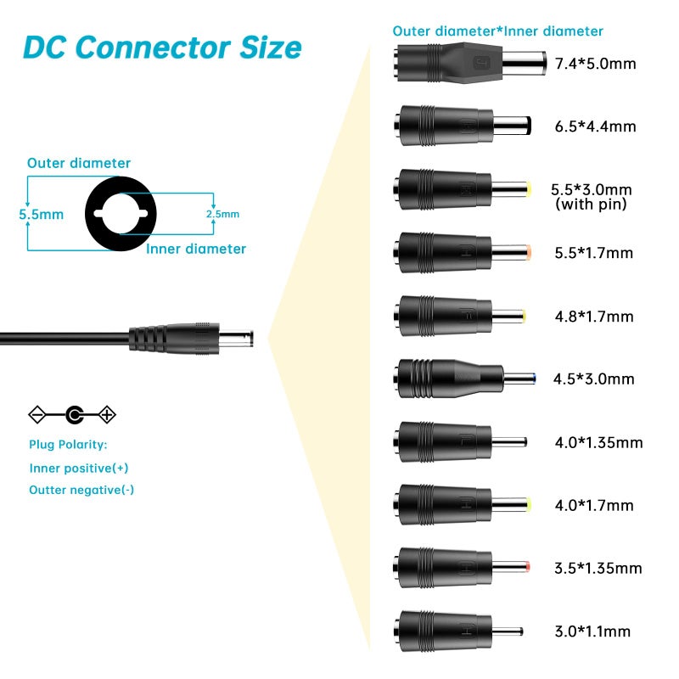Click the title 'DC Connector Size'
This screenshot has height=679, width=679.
pyautogui.click(x=162, y=48)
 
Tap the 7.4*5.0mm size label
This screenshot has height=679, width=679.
pyautogui.click(x=596, y=64)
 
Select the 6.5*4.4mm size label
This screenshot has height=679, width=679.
pyautogui.click(x=596, y=126)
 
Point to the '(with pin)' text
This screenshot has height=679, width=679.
pyautogui.click(x=591, y=205)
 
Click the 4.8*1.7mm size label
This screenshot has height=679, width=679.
pyautogui.click(x=594, y=317)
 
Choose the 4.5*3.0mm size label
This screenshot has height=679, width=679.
pyautogui.click(x=593, y=379)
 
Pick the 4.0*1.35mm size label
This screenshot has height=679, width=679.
pyautogui.click(x=599, y=442)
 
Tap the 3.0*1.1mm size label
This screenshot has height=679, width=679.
pyautogui.click(x=592, y=631)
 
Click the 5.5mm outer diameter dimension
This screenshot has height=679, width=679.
pyautogui.click(x=41, y=215)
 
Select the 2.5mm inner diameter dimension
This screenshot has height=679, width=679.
pyautogui.click(x=222, y=214)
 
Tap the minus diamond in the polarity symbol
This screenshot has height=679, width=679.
pyautogui.click(x=37, y=415)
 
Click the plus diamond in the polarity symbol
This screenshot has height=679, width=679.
pyautogui.click(x=107, y=415)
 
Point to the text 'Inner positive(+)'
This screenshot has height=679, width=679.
pyautogui.click(x=79, y=469)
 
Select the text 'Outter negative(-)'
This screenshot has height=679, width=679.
pyautogui.click(x=81, y=490)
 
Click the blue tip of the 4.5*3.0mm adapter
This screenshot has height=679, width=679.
pyautogui.click(x=535, y=379)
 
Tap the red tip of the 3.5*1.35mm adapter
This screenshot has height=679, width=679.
pyautogui.click(x=527, y=567)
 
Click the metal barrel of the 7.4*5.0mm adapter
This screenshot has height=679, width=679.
pyautogui.click(x=524, y=63)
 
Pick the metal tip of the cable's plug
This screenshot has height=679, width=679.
pyautogui.click(x=236, y=339)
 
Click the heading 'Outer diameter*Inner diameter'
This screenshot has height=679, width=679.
pyautogui.click(x=498, y=31)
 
